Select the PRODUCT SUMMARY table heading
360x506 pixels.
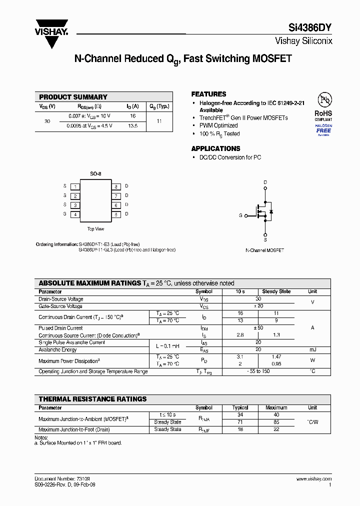coord(73,97)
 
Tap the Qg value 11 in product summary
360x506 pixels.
coord(159,121)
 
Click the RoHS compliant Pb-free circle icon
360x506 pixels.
coord(323,99)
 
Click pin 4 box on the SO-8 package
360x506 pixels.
coord(75,214)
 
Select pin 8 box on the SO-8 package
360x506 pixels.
coord(116,186)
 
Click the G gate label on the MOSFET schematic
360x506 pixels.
coord(240,215)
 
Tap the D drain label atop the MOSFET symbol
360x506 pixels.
coord(265,182)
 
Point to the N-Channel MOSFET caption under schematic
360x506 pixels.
coord(264,250)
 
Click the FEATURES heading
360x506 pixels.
coord(208,94)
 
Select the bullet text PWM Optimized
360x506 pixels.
coord(218,126)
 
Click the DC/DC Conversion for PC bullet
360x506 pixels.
coord(230,157)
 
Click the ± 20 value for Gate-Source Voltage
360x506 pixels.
coord(258,306)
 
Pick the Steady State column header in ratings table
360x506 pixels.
coord(276,291)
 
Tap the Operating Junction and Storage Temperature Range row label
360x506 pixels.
coord(93,371)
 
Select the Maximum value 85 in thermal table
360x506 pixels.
coord(276,422)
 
